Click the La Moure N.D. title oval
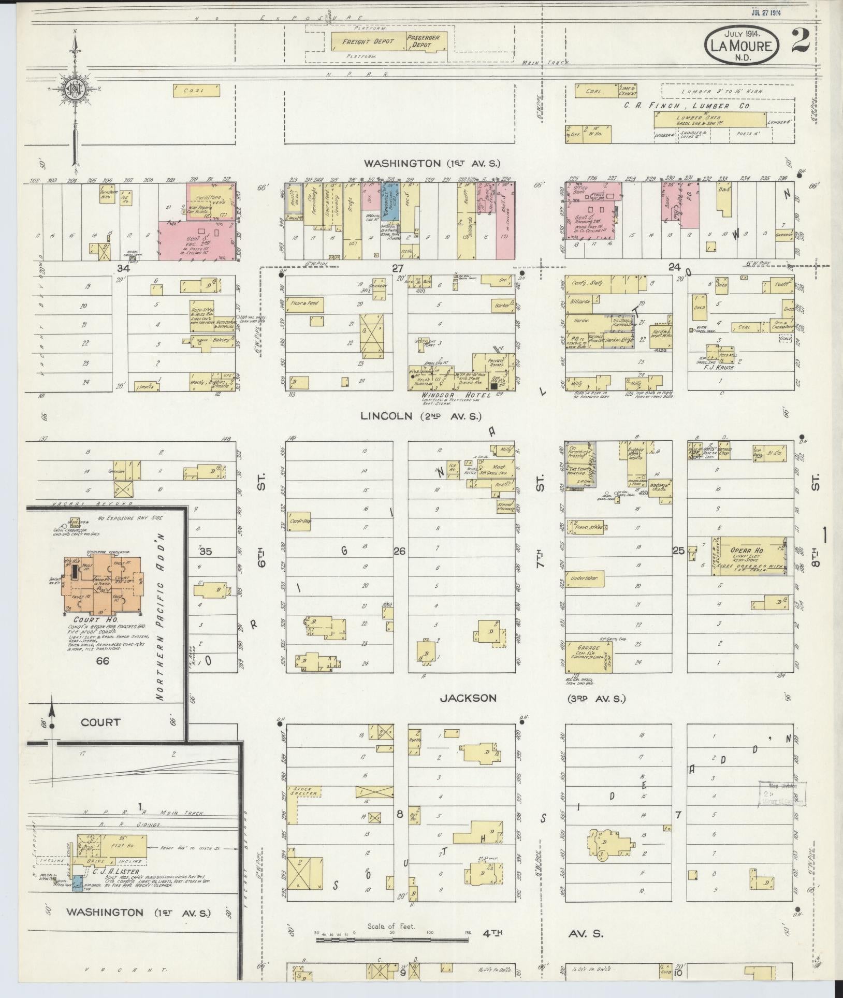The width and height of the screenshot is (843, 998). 741,46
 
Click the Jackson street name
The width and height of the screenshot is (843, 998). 468,698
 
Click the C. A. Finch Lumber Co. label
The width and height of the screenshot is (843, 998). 687,106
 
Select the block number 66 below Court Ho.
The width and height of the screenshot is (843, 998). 102,661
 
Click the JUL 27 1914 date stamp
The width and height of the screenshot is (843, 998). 765,13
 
